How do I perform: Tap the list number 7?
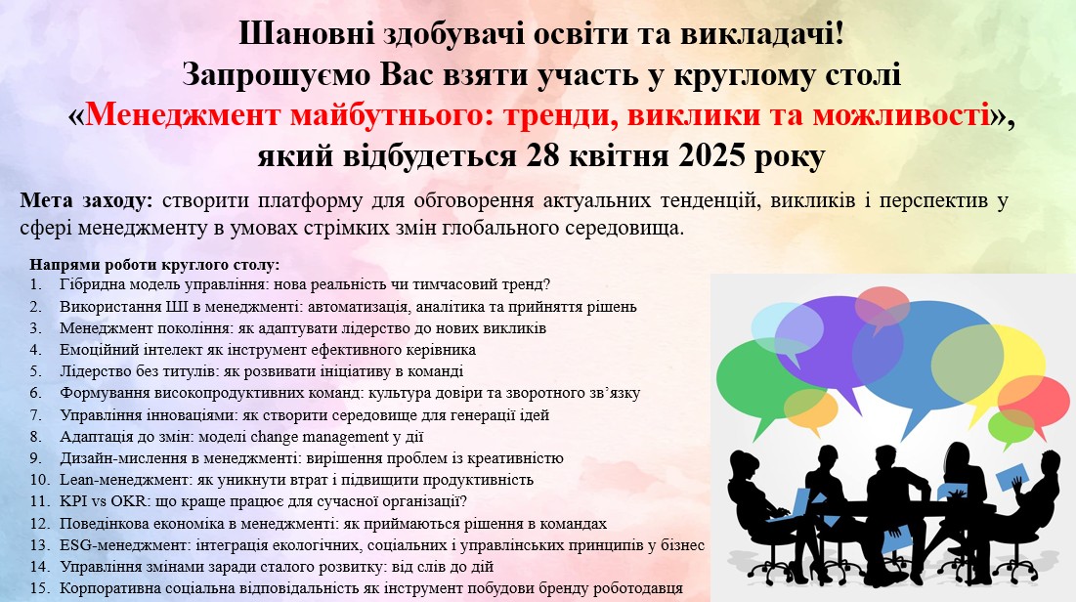(36, 415)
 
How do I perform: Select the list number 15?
(40, 588)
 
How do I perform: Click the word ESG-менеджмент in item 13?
(124, 545)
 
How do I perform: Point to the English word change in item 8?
(275, 437)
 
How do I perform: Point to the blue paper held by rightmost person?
(1011, 476)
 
